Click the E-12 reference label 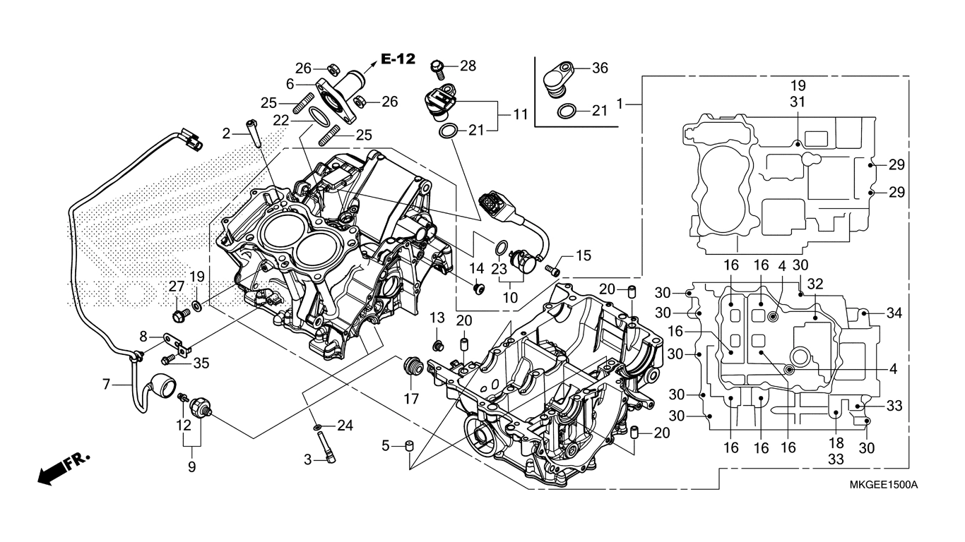point(398,59)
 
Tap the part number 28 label point(468,66)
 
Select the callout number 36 point(600,68)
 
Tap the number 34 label point(894,313)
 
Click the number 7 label point(107,385)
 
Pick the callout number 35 point(201,363)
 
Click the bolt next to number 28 point(438,67)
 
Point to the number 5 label point(386,446)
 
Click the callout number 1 point(620,104)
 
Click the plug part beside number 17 point(413,367)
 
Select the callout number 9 point(191,466)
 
